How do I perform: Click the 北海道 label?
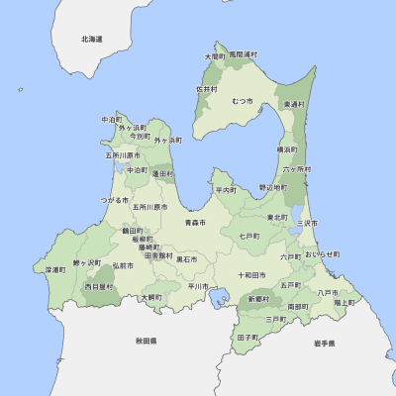92,39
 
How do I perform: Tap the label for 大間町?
215,57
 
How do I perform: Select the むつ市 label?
243,101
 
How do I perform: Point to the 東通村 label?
294,104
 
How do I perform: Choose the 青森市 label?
195,224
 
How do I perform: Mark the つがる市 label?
115,200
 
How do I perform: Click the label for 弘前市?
123,265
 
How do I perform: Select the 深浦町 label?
55,269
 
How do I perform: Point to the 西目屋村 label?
99,286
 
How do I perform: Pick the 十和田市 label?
251,275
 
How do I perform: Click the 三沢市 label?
309,224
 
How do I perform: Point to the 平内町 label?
227,189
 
